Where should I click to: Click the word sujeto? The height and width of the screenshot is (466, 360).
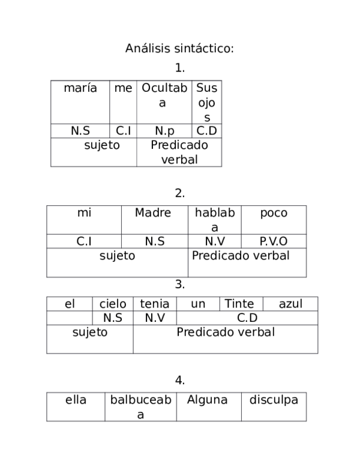[90, 332]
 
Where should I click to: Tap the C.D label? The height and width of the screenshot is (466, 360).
[247, 318]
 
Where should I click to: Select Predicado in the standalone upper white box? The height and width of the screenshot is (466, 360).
[218, 256]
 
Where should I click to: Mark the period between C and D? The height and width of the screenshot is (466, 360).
[247, 321]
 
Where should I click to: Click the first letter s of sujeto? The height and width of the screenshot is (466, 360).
[76, 333]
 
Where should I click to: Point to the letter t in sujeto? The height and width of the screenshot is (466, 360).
[99, 332]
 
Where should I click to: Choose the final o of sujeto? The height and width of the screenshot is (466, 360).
[104, 333]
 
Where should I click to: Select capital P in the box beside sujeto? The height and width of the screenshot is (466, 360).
[180, 332]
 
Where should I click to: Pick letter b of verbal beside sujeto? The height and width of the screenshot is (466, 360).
[262, 332]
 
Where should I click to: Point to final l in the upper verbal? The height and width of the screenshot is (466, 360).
[288, 256]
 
